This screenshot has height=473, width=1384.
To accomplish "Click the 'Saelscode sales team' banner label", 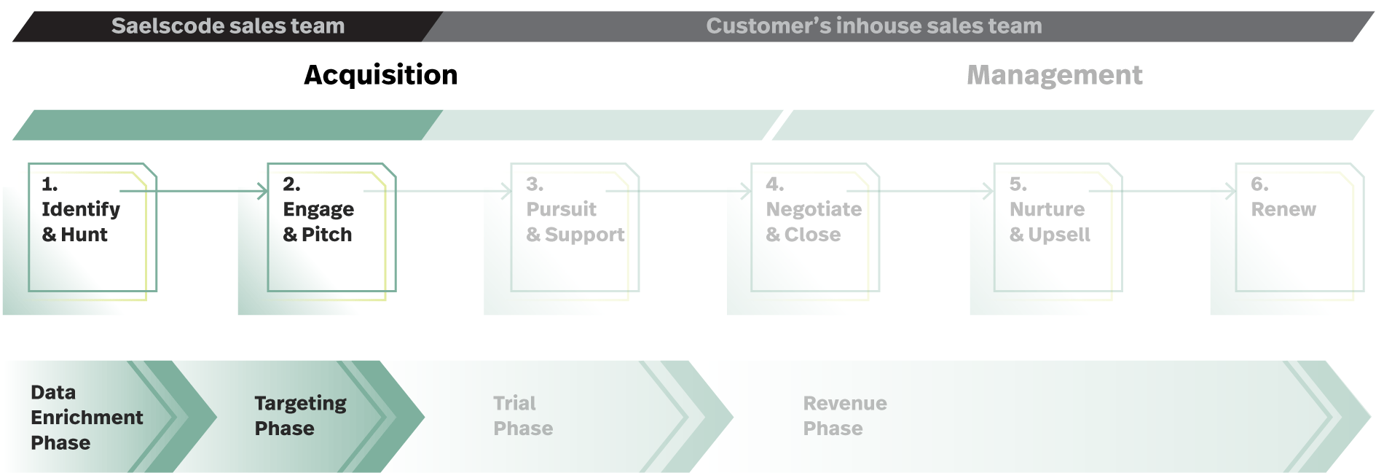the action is pyautogui.click(x=228, y=26).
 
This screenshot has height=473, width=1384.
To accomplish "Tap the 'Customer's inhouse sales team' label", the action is pyautogui.click(x=874, y=26).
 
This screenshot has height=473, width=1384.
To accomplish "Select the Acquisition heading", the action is pyautogui.click(x=381, y=75).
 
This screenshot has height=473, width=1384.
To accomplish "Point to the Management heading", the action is pyautogui.click(x=1055, y=75).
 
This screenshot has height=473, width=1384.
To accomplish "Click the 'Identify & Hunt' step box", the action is pyautogui.click(x=93, y=227).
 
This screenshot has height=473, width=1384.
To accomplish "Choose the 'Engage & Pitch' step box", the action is pyautogui.click(x=331, y=227).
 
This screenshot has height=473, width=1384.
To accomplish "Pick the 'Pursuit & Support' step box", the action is pyautogui.click(x=575, y=227).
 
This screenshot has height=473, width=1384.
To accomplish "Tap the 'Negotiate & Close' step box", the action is pyautogui.click(x=815, y=227).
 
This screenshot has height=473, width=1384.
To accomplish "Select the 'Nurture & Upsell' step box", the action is pyautogui.click(x=1058, y=227).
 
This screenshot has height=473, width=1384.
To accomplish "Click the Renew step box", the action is pyautogui.click(x=1300, y=227).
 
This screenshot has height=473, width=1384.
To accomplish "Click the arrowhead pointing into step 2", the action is pyautogui.click(x=264, y=191).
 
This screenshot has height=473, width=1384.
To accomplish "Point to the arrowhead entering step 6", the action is pyautogui.click(x=1232, y=191).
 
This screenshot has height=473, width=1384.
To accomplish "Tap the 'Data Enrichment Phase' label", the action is pyautogui.click(x=87, y=418).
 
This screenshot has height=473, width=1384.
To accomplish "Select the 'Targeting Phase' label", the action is pyautogui.click(x=300, y=415).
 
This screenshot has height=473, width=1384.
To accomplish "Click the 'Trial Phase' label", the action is pyautogui.click(x=523, y=415).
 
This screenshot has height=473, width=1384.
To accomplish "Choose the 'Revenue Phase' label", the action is pyautogui.click(x=845, y=415).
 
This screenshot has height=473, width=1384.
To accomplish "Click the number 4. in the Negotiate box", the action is pyautogui.click(x=775, y=184).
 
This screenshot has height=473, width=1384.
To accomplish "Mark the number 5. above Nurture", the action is pyautogui.click(x=1018, y=184).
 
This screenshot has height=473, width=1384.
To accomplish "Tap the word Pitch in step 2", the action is pyautogui.click(x=326, y=235).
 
